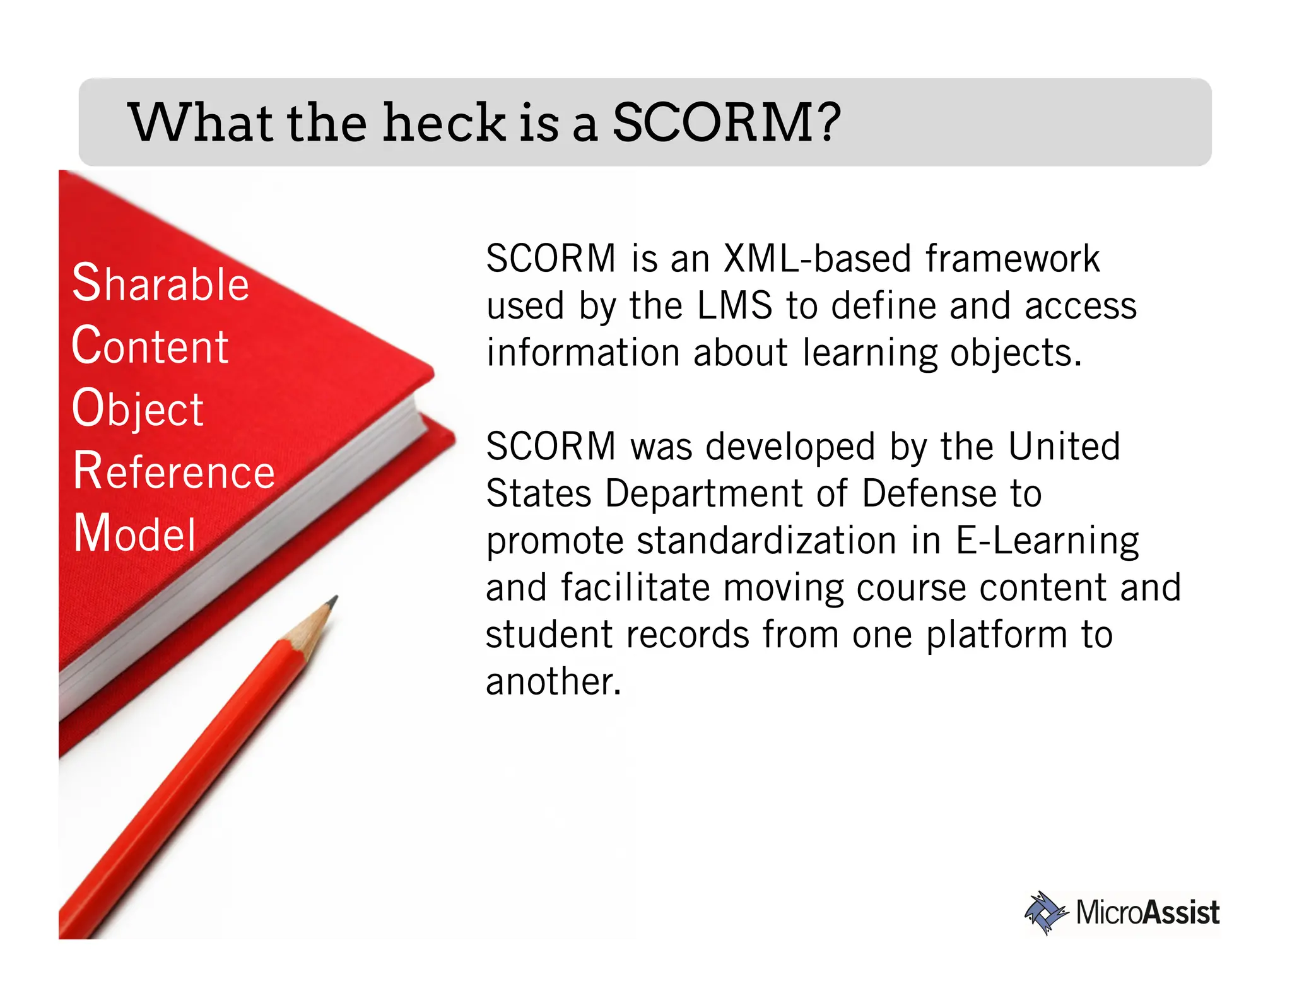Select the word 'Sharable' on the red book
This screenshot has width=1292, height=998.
(x=160, y=283)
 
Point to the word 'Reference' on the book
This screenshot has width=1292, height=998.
(x=173, y=471)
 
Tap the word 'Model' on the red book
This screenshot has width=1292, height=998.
(x=134, y=534)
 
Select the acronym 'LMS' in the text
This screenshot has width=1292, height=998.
(x=734, y=305)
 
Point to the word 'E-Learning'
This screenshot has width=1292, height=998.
(x=1047, y=541)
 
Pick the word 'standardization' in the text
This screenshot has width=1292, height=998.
(x=766, y=541)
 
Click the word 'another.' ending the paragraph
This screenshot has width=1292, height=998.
(x=553, y=682)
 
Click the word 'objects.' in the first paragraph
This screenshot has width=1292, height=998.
(x=1016, y=353)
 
